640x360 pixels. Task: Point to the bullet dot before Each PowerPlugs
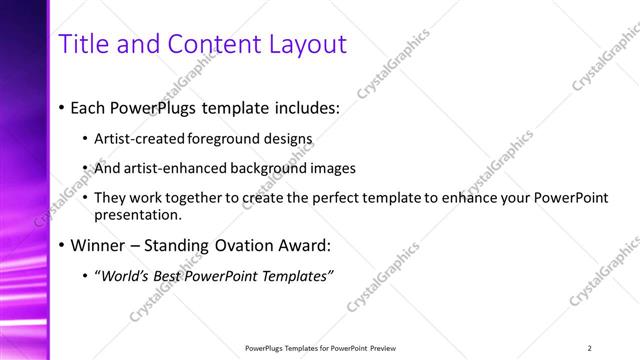[62, 105]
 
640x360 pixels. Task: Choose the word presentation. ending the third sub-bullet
[138, 214]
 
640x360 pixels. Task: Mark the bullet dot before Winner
[62, 245]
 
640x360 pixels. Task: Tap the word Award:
[308, 245]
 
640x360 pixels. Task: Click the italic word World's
[122, 275]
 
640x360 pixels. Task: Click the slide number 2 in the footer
[590, 348]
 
